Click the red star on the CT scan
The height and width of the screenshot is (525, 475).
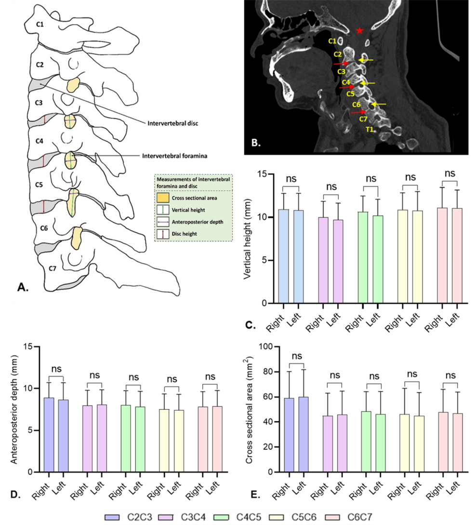pyautogui.click(x=359, y=31)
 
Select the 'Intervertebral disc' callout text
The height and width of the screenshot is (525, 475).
pyautogui.click(x=172, y=123)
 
